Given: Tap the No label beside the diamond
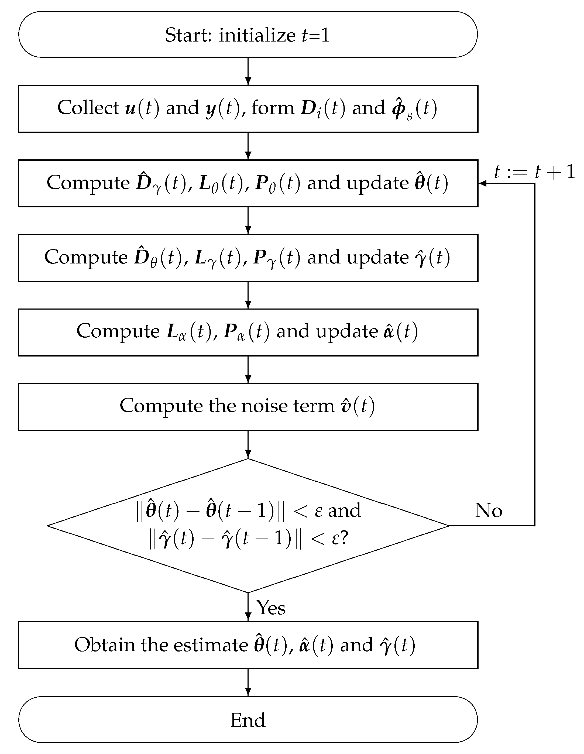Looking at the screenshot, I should (x=488, y=510).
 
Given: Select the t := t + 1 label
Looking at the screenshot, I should (x=534, y=172).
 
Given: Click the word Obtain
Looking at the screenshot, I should (x=104, y=645).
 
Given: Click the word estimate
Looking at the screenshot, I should (x=210, y=645).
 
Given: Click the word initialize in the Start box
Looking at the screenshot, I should (x=257, y=35).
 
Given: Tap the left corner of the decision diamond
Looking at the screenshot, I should (x=48, y=525).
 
